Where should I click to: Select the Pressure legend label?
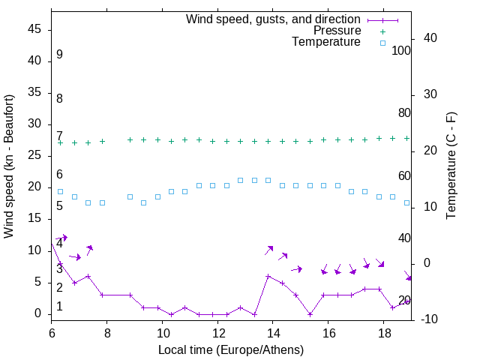[337, 31]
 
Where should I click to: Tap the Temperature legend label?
[326, 42]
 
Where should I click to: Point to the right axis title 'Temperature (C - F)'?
[451, 166]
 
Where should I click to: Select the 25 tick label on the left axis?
[34, 156]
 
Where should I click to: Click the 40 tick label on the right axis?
[432, 37]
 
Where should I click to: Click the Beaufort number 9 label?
[59, 55]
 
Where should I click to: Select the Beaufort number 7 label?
[59, 136]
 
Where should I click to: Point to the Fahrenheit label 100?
[401, 51]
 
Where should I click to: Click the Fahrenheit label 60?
[404, 176]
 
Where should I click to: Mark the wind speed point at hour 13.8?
[268, 276]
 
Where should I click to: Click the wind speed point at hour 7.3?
[88, 276]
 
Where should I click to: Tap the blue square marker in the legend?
[382, 43]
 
